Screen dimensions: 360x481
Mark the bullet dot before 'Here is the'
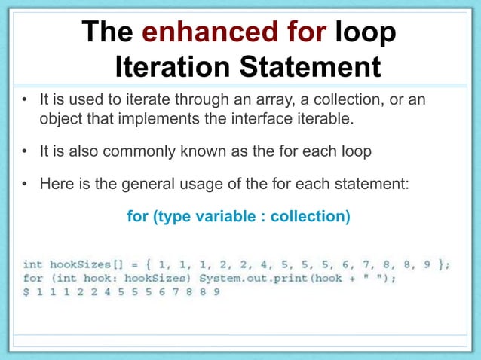click(x=25, y=182)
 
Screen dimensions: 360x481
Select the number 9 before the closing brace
click(x=426, y=264)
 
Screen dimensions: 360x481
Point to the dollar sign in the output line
click(x=27, y=291)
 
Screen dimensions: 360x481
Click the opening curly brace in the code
click(x=150, y=264)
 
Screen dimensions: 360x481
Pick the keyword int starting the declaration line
click(x=32, y=264)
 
